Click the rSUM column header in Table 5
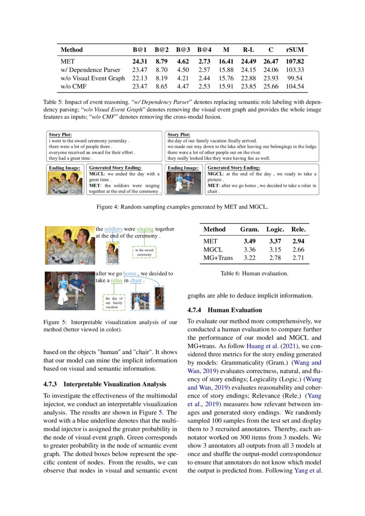click(294, 50)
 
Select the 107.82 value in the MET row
click(294, 62)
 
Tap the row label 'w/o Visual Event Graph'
click(93, 78)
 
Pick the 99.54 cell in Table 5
click(296, 78)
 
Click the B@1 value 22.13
click(139, 78)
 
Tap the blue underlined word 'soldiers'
click(113, 229)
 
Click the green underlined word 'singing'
click(145, 229)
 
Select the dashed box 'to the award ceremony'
click(144, 252)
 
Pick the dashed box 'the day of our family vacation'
click(114, 303)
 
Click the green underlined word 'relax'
click(117, 280)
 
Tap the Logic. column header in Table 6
click(275, 230)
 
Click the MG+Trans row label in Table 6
click(218, 258)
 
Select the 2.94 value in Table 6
click(298, 241)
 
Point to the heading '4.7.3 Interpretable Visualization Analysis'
click(105, 384)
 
